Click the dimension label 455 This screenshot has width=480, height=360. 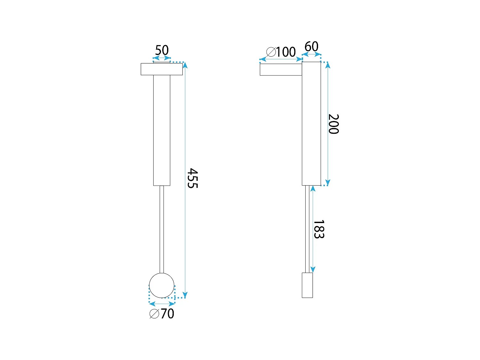[x=192, y=178]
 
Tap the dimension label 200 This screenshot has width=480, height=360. [x=333, y=124]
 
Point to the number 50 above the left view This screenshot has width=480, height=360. [x=162, y=50]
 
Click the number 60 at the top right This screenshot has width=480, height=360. [x=311, y=46]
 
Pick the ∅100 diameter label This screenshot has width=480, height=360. [x=281, y=52]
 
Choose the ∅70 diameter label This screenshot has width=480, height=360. [x=162, y=314]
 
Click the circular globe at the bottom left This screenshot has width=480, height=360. [x=162, y=285]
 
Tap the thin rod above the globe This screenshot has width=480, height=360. [x=162, y=229]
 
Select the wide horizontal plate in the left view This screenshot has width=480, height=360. [x=162, y=69]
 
